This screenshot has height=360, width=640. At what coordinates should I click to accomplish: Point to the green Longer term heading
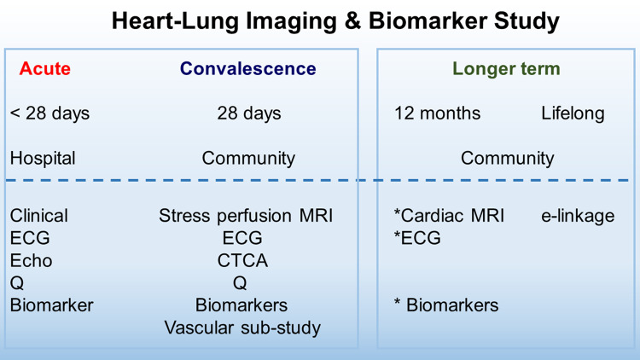click(x=506, y=69)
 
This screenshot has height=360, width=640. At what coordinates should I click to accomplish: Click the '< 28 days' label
click(x=49, y=113)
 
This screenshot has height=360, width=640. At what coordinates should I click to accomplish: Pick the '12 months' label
click(x=437, y=113)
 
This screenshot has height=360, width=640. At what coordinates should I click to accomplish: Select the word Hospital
click(x=43, y=158)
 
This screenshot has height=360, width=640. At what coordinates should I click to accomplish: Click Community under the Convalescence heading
click(x=248, y=158)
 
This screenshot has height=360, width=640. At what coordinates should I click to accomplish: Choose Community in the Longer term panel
click(x=507, y=158)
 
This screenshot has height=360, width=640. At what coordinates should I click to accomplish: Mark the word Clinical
click(x=39, y=216)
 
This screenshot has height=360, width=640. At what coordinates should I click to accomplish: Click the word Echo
click(x=31, y=260)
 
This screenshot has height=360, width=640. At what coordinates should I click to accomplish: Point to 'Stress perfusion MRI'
click(x=246, y=216)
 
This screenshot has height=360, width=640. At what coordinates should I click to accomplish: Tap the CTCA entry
click(x=241, y=260)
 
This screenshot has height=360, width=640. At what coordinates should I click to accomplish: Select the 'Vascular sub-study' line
click(x=242, y=327)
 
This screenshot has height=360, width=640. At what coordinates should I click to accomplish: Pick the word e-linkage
click(x=578, y=216)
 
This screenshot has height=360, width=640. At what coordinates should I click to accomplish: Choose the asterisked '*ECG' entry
click(x=417, y=238)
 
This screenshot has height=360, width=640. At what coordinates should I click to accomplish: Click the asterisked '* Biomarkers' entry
click(x=445, y=305)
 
